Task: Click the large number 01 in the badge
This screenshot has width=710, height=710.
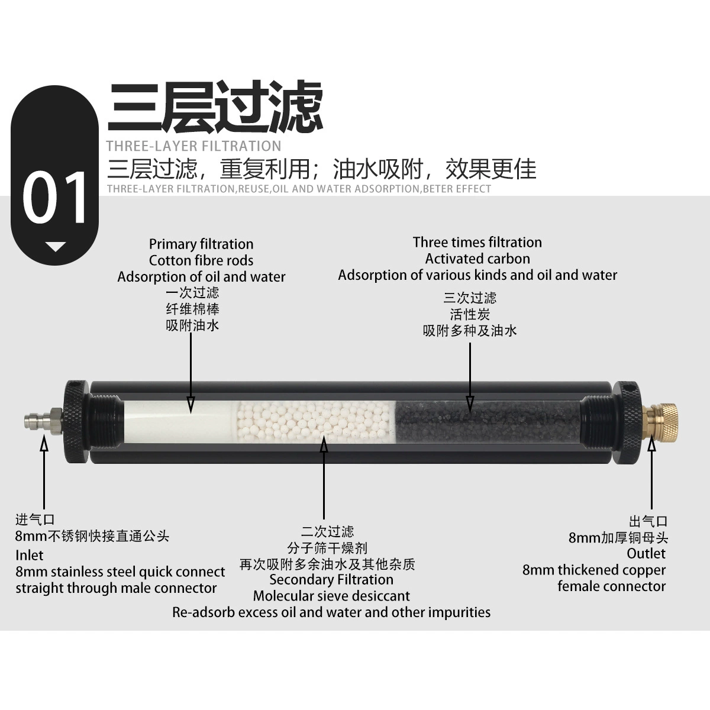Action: [55, 198]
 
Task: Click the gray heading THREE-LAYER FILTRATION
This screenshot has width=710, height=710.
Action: [194, 146]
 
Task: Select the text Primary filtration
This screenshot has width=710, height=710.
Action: [201, 244]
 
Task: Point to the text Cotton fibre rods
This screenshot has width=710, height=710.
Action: [201, 260]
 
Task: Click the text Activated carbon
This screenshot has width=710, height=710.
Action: [477, 259]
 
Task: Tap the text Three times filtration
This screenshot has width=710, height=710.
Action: [477, 243]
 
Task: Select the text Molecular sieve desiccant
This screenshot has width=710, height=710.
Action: [331, 596]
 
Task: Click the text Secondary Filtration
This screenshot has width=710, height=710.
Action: [331, 580]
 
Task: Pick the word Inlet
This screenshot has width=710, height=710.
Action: [29, 555]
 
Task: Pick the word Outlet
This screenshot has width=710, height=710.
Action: [646, 553]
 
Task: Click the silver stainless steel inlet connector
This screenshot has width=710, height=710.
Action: [43, 421]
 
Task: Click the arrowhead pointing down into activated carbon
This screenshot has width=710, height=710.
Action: [470, 404]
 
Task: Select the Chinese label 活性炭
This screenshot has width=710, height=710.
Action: [470, 315]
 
